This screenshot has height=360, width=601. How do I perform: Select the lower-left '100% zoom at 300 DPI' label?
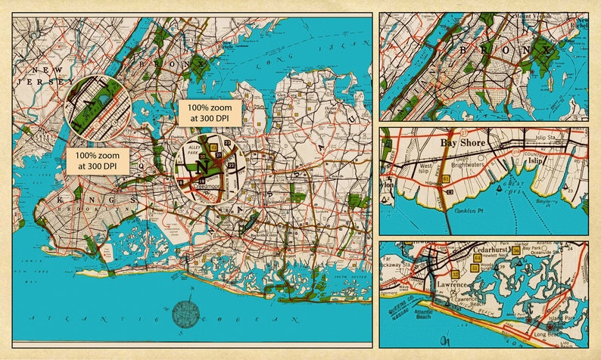tap(95, 160)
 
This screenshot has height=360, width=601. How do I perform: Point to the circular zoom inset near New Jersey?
tap(97, 106)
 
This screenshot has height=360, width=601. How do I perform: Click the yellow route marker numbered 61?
tap(447, 178)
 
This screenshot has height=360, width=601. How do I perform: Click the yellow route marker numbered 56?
tap(515, 250)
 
